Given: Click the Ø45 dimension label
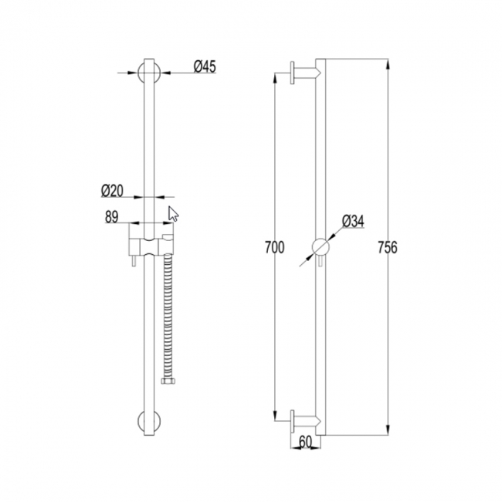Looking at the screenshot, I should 204,67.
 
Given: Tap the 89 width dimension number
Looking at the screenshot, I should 110,218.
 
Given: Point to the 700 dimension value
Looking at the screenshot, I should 274,247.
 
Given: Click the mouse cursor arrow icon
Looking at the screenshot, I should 174,214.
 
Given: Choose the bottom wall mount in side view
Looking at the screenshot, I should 304,421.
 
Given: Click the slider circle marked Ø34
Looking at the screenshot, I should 321,247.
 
